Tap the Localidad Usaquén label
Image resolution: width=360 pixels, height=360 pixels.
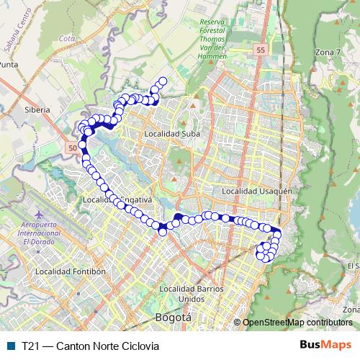pyautogui.click(x=256, y=191)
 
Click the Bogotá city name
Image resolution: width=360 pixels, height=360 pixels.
pyautogui.click(x=173, y=317)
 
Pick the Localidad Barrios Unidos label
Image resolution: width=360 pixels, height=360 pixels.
pyautogui.click(x=187, y=294)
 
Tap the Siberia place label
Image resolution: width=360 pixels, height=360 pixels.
pyautogui.click(x=37, y=109)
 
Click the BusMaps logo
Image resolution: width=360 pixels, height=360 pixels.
pyautogui.click(x=326, y=345)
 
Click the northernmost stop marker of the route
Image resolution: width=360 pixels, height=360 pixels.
pyautogui.click(x=163, y=81)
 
